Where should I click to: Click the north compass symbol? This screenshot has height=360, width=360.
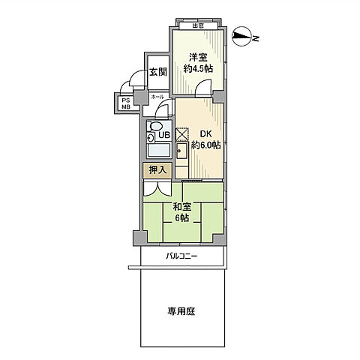pos(244,36)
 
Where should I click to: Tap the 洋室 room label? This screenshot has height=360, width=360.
pos(197,57)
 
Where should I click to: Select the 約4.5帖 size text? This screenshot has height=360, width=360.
pos(198,69)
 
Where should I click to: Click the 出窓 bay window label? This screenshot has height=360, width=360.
pos(197,26)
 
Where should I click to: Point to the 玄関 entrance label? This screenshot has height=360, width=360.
pos(157,73)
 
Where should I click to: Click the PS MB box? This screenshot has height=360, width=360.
pos(124,103)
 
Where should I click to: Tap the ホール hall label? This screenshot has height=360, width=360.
pos(157,97)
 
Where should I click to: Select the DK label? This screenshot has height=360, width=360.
pos(205,135)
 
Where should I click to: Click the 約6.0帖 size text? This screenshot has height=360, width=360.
pos(205,146)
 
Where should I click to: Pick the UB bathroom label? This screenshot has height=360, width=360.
pos(163,136)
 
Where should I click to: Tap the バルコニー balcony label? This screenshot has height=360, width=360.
pos(181,256)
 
